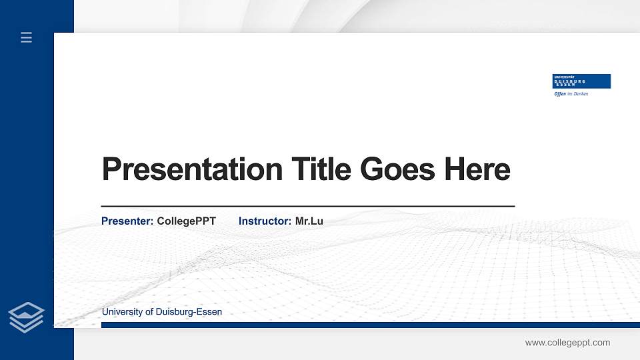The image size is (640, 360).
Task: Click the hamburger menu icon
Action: point(26,37)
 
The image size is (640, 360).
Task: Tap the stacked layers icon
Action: point(26,317)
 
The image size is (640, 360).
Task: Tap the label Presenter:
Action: point(127,221)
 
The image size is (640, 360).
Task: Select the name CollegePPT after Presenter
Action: point(186,221)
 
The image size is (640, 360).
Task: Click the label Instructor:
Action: point(265,221)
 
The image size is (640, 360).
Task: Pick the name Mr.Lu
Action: point(309,221)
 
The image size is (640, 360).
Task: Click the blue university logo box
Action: point(582,81)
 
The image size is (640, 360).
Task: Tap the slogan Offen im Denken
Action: point(571,94)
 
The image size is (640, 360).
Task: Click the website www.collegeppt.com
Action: point(567,343)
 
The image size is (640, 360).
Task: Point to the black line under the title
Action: point(307,207)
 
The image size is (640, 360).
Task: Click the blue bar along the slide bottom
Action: point(370,325)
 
